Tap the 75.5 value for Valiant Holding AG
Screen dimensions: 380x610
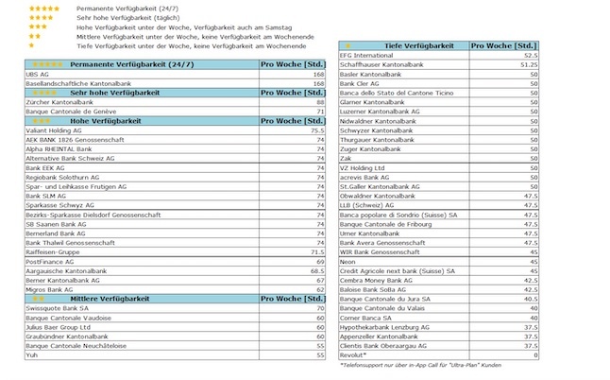coord(316,130)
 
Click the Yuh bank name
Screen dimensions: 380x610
coord(33,355)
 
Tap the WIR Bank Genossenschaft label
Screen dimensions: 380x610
coord(385,252)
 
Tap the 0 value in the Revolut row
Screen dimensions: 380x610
coord(534,355)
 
